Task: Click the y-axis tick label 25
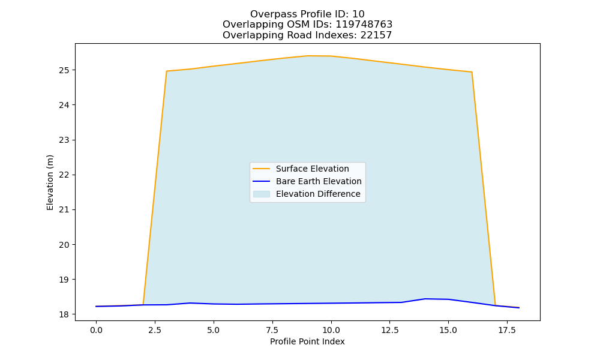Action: [x=64, y=70]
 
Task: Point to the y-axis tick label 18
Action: [x=64, y=314]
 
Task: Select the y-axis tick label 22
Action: [x=64, y=175]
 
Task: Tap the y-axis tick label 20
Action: [x=64, y=245]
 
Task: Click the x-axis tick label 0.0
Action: [x=96, y=330]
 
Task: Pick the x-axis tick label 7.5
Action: [x=272, y=330]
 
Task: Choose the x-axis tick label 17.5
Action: [x=507, y=330]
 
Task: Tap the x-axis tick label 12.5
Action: [x=389, y=330]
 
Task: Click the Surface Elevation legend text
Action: [x=312, y=169]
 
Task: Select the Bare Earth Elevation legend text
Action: [x=319, y=181]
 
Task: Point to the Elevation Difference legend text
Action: [x=318, y=194]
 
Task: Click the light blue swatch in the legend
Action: [x=262, y=194]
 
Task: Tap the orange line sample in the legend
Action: [x=262, y=169]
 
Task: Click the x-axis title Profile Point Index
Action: [x=307, y=341]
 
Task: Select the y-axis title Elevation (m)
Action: [x=50, y=182]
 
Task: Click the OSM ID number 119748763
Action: [x=364, y=25]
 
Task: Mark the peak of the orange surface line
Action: [x=308, y=56]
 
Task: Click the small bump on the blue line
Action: [x=425, y=299]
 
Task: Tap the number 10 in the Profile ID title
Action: [x=358, y=14]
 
